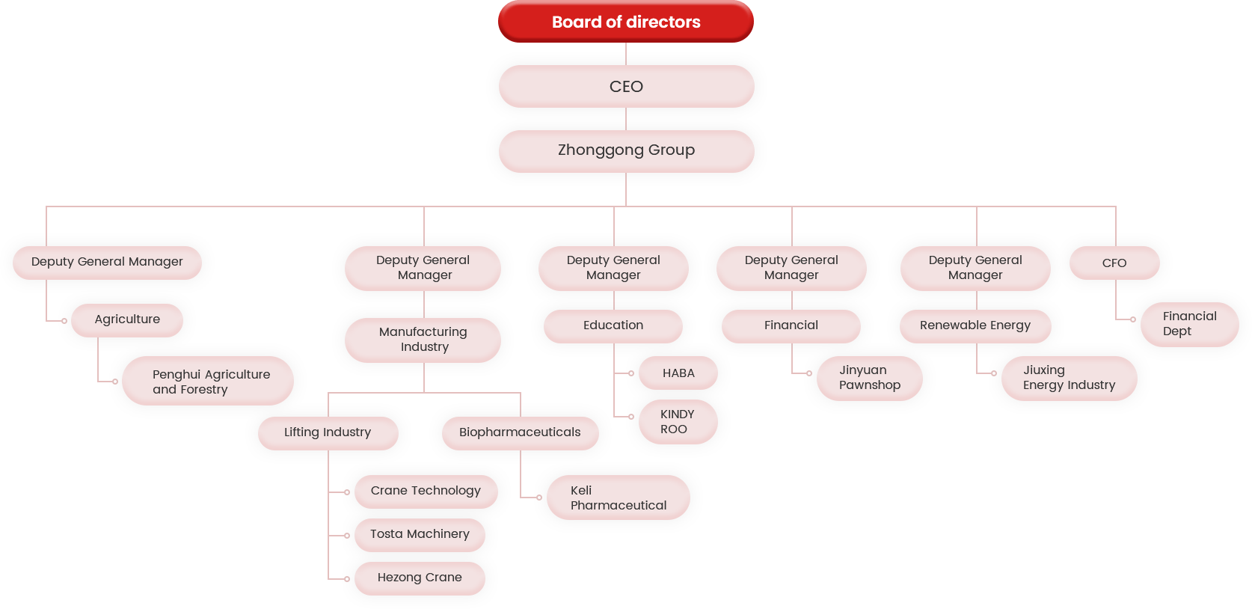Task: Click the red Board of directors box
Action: click(626, 22)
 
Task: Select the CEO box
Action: click(626, 86)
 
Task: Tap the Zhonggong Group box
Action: click(626, 150)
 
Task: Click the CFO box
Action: click(1114, 263)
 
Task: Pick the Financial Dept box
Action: click(1189, 324)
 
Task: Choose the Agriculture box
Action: click(127, 319)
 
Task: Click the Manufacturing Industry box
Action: click(423, 340)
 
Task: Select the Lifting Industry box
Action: click(328, 432)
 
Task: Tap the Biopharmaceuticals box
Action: click(520, 432)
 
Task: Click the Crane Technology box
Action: click(426, 491)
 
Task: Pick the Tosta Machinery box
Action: click(420, 534)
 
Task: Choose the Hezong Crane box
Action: click(420, 578)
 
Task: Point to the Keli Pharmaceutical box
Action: click(618, 498)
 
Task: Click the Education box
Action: click(613, 325)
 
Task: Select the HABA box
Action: click(678, 373)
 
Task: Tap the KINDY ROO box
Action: click(678, 422)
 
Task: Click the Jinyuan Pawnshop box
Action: click(869, 378)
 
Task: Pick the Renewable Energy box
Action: click(975, 325)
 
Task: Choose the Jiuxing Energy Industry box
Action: click(1069, 378)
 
